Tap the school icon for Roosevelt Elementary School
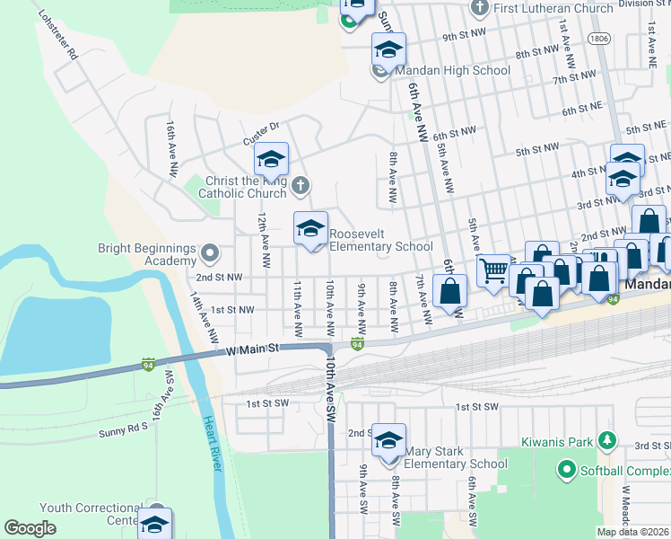pyautogui.click(x=310, y=229)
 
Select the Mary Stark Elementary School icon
pyautogui.click(x=388, y=441)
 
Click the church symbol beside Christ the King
pyautogui.click(x=301, y=186)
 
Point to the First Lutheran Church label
pyautogui.click(x=546, y=8)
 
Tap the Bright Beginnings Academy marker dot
pyautogui.click(x=209, y=251)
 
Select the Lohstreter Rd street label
pyautogui.click(x=55, y=35)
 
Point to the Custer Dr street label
pyautogui.click(x=261, y=134)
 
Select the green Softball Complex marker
pyautogui.click(x=566, y=469)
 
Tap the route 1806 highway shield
pyautogui.click(x=598, y=39)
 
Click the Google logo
pyautogui.click(x=30, y=528)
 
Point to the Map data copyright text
pyautogui.click(x=632, y=532)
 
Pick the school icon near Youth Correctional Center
pyautogui.click(x=155, y=524)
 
